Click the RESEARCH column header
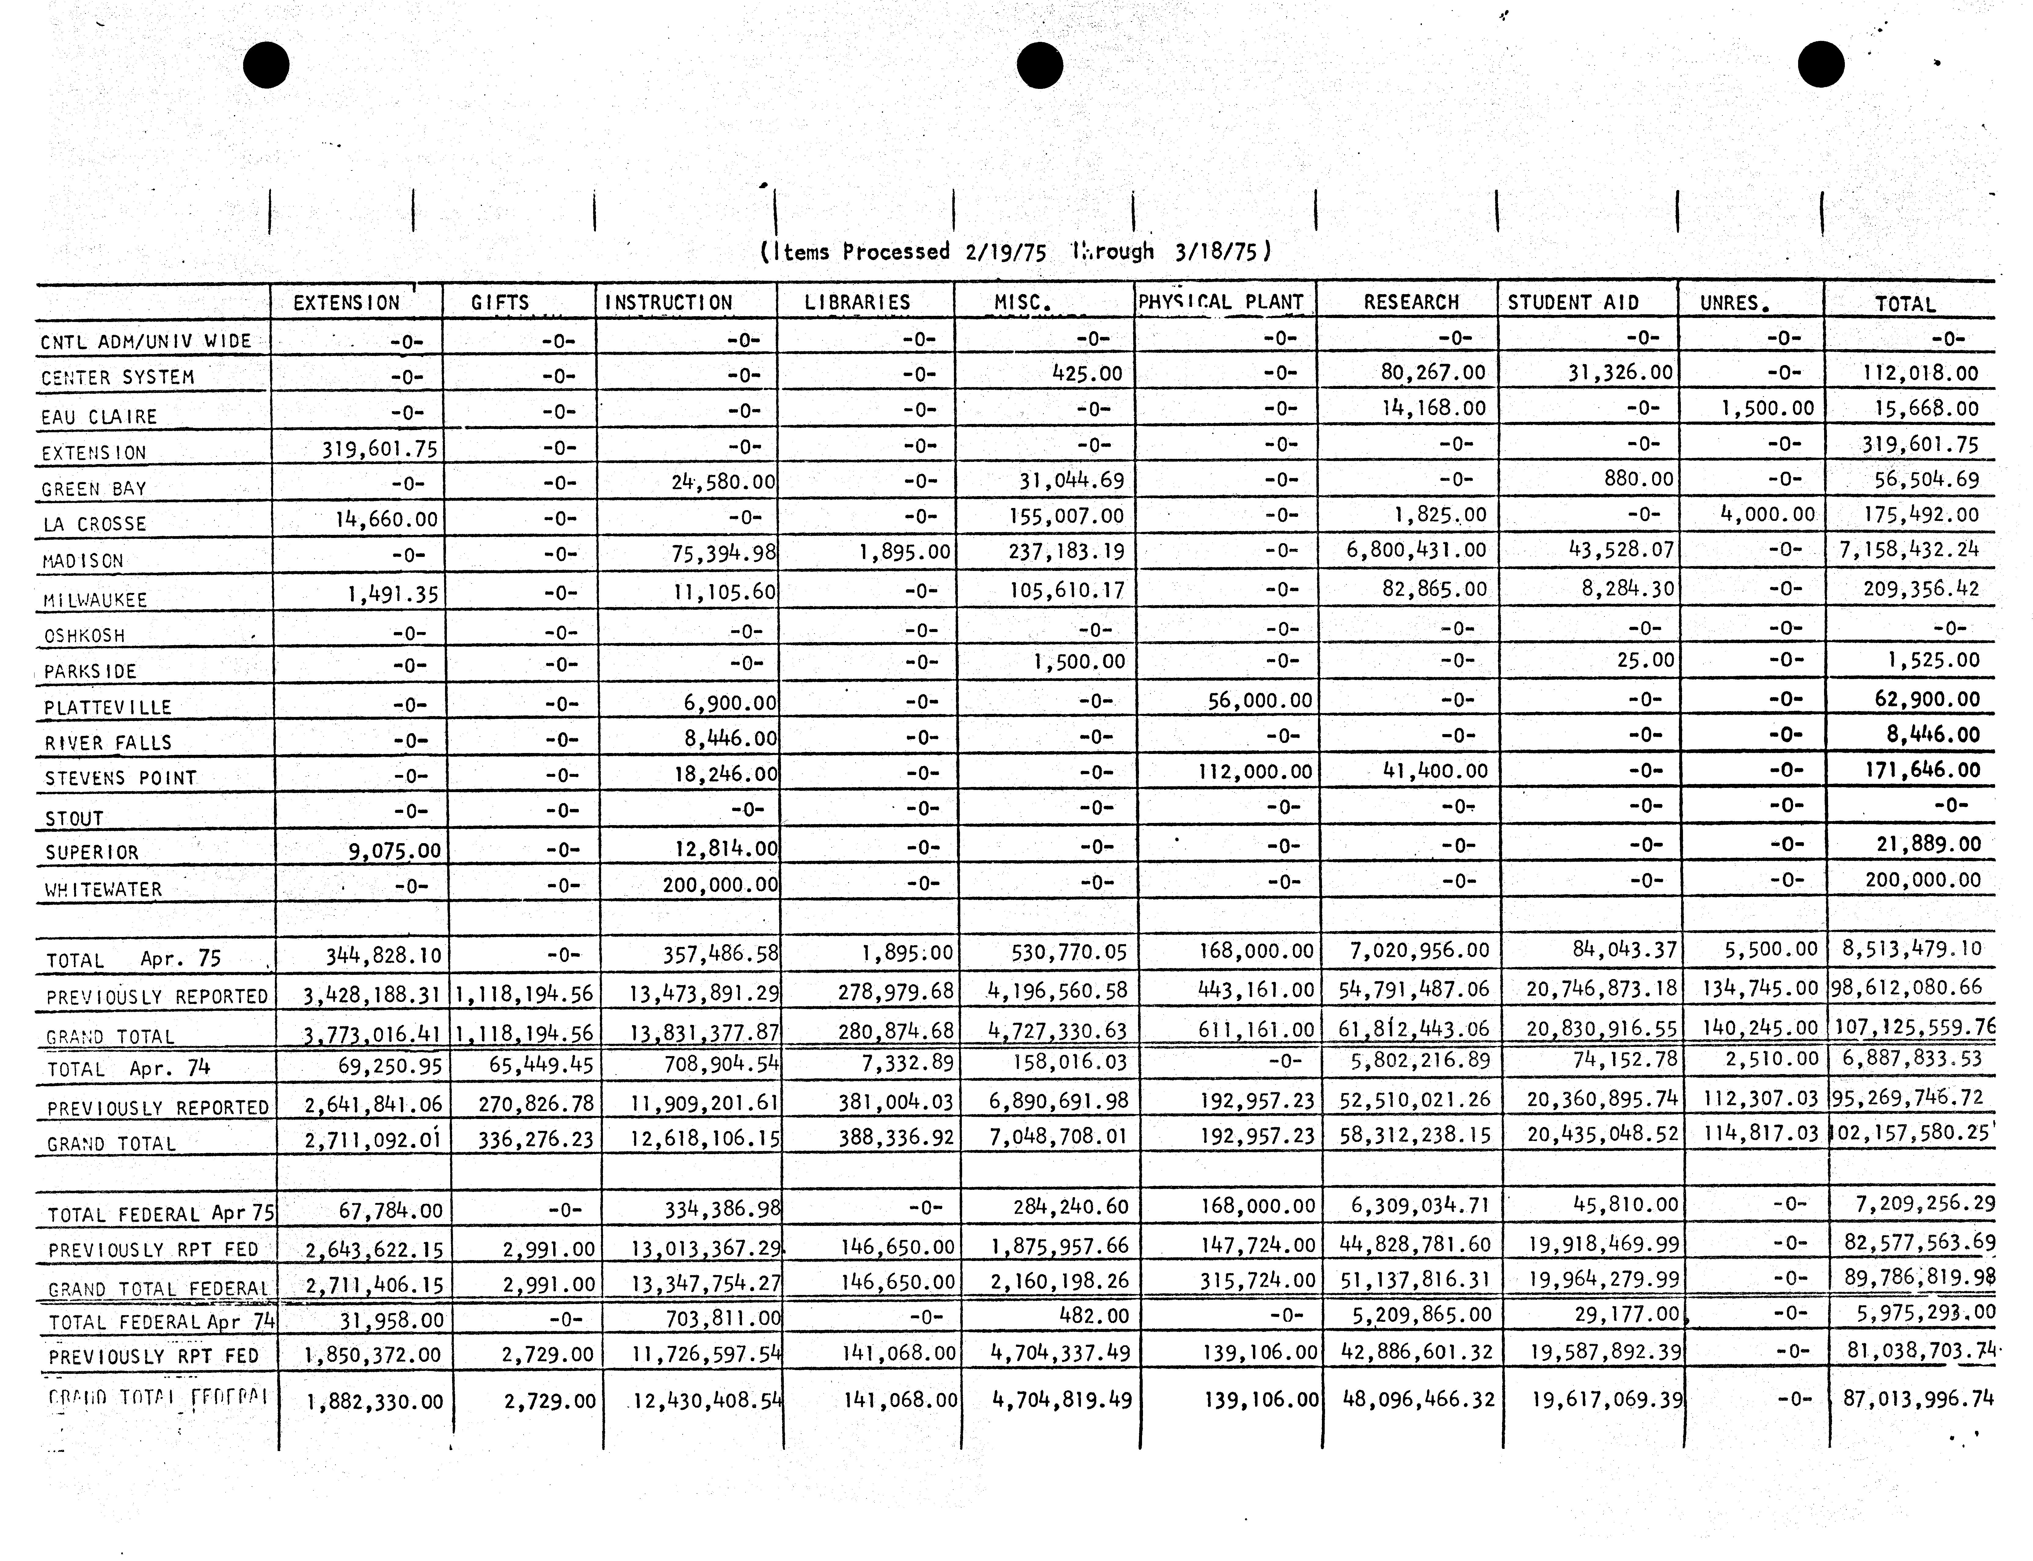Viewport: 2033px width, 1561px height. click(1411, 302)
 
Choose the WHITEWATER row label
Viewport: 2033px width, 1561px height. click(103, 889)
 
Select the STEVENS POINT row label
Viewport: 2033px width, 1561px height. click(121, 778)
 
